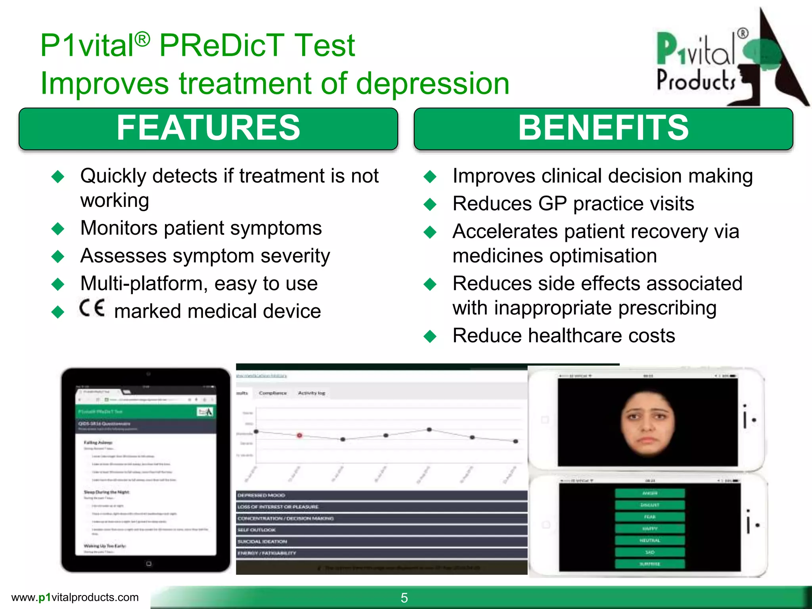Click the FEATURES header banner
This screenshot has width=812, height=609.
(208, 128)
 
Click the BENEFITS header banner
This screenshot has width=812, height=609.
(603, 128)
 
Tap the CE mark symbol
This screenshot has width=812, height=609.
(92, 308)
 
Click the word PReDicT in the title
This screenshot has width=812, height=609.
(222, 45)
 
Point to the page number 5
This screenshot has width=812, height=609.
(404, 598)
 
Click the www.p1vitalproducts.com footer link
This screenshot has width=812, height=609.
(75, 597)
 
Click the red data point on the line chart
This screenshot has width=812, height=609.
(300, 435)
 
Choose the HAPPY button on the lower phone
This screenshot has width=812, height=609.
(649, 529)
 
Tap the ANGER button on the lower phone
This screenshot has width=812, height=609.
(649, 493)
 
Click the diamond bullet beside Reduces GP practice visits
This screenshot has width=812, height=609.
(430, 204)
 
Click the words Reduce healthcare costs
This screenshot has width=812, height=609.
(563, 336)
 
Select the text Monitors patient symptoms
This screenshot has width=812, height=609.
(201, 228)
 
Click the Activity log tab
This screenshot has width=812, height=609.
(311, 393)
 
